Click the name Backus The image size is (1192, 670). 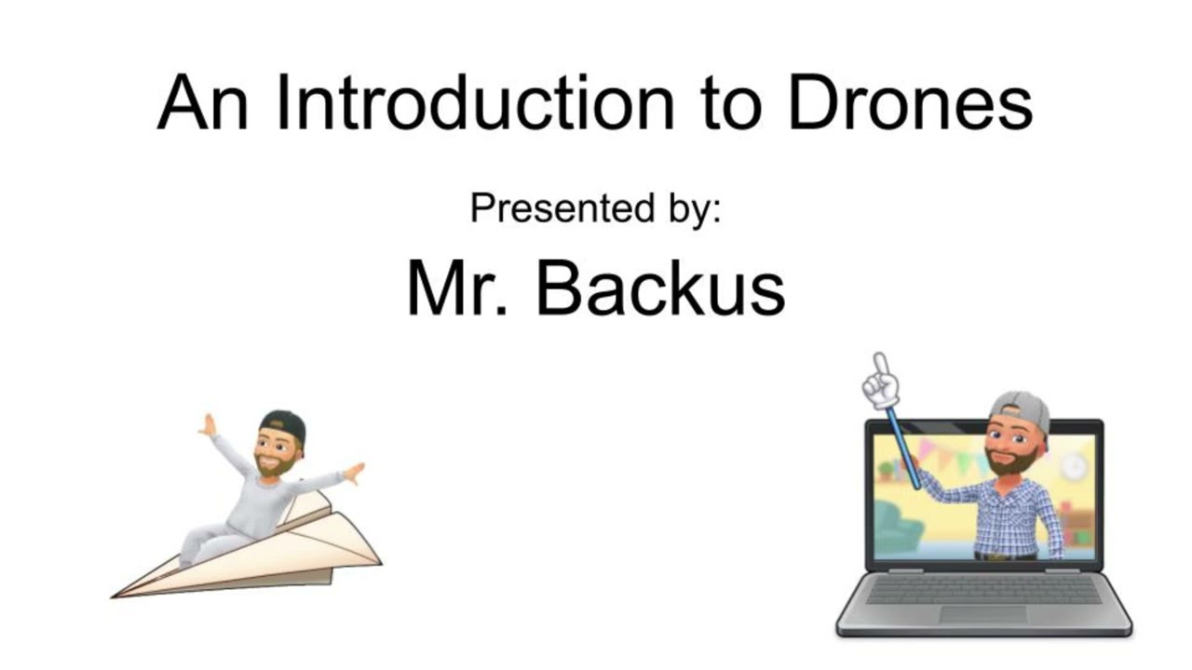pos(660,288)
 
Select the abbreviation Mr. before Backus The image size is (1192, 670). pos(456,288)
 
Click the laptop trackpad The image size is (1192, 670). pos(982,615)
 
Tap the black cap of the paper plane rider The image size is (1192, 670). pos(284,424)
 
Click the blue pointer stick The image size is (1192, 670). pos(902,447)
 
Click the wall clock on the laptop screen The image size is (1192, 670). pos(1073,465)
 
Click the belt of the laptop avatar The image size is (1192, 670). pos(1006,556)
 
